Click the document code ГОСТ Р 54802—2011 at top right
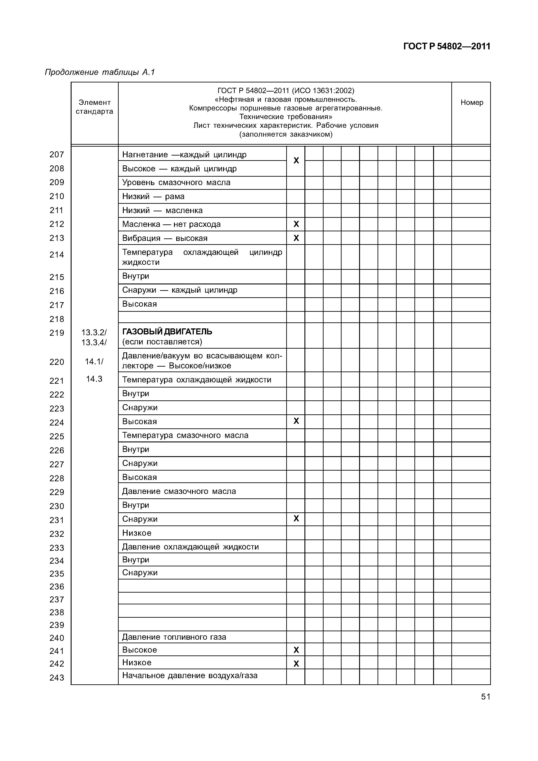pos(446,46)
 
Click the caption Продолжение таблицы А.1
pos(100,72)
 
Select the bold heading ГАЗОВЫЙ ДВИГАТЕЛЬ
pos(167,332)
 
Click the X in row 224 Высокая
pos(296,421)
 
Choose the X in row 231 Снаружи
pos(296,518)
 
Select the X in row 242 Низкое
pos(296,663)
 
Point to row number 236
pos(57,587)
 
